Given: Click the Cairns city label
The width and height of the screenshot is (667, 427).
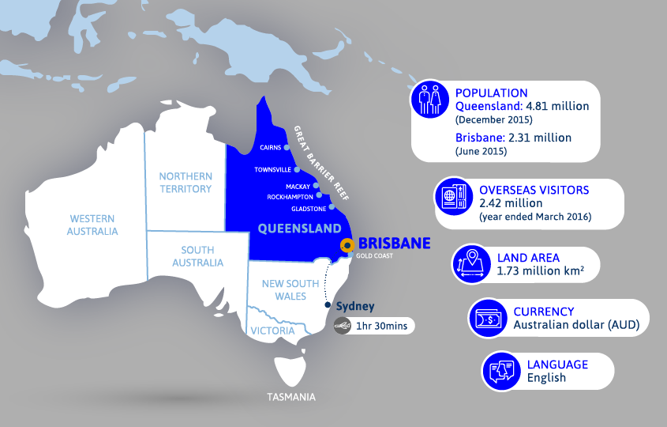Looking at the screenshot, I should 271,147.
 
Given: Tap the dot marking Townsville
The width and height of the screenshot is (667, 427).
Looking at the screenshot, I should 297,169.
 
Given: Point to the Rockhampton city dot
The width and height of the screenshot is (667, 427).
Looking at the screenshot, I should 319,195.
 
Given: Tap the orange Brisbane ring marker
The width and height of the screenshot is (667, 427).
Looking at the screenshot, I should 346,245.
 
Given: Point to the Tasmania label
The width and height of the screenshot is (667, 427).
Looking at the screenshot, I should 290,397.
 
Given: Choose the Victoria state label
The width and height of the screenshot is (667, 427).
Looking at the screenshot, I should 272,331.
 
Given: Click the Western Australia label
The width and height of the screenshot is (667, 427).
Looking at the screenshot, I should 93,225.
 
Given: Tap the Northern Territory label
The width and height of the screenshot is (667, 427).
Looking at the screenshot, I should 185,182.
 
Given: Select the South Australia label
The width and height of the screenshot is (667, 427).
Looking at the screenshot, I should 197,256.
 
